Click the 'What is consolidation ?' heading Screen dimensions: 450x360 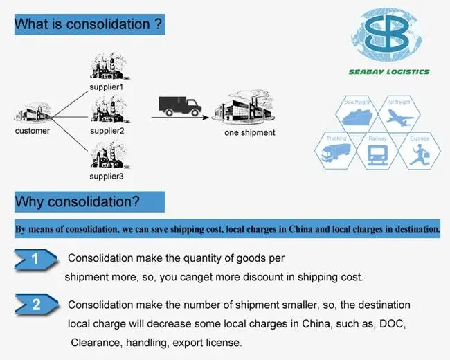coord(89,24)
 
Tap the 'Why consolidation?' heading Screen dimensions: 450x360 coord(78,202)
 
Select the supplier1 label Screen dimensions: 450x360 coord(107,87)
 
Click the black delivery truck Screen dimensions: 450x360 coord(179,106)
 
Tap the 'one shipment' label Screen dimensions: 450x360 coord(249,133)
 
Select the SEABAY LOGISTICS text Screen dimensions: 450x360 coord(388,71)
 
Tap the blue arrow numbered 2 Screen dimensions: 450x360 coord(36,305)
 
